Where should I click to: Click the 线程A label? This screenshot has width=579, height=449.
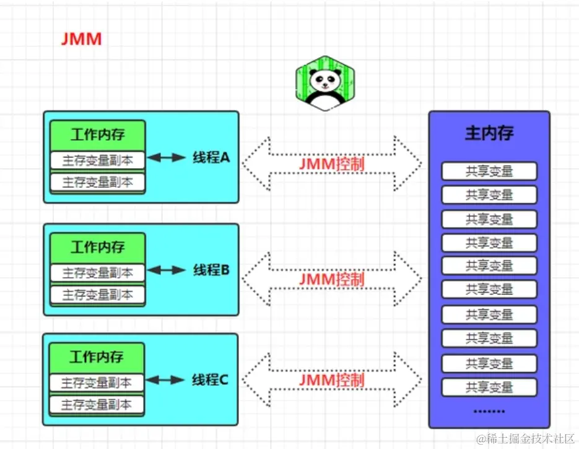211,158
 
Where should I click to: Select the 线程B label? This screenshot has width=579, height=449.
211,270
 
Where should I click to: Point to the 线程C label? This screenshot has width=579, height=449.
209,380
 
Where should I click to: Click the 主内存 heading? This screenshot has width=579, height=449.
489,133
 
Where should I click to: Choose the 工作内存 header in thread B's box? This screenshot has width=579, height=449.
97,247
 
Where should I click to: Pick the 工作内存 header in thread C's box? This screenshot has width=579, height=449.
97,357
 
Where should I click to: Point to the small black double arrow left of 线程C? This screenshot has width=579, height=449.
165,380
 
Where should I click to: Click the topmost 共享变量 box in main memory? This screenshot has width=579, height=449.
489,171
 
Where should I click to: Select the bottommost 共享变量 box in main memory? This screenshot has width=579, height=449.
489,387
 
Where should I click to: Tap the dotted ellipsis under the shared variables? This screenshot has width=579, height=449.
489,411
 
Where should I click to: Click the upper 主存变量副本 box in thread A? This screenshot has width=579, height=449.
97,160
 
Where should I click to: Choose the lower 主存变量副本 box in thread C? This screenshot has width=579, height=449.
97,405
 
